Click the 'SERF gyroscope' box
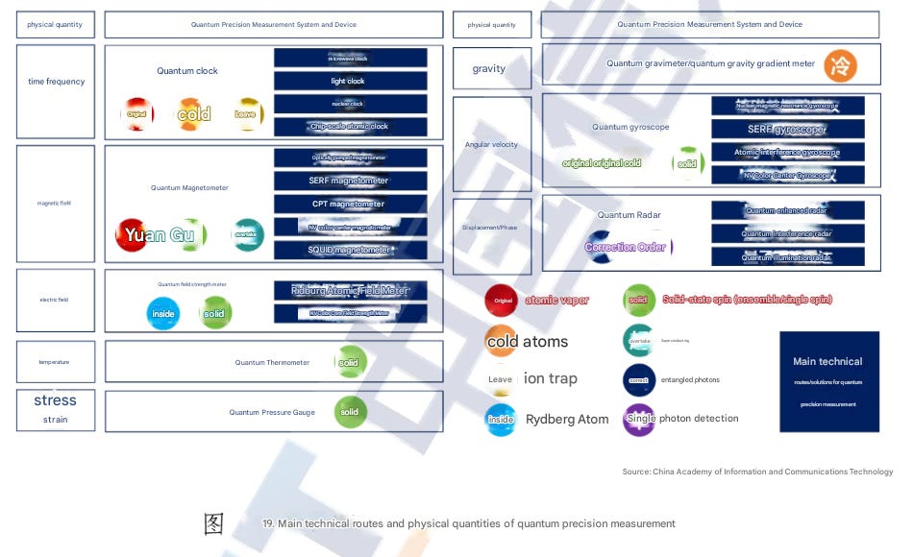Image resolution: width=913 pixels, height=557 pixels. [x=787, y=129]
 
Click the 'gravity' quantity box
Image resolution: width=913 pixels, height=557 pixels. [x=491, y=68]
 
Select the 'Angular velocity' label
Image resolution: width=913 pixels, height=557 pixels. [x=491, y=145]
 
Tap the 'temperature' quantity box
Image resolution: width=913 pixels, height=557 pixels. [x=56, y=362]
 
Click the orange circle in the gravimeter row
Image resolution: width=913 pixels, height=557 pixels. [x=840, y=66]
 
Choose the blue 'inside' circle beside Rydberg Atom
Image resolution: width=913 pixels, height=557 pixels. [x=501, y=420]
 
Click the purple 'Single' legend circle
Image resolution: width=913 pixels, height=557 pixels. [x=639, y=419]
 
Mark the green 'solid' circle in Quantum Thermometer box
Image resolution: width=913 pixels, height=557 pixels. [x=350, y=362]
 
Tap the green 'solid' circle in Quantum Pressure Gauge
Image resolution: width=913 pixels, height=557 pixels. [x=350, y=412]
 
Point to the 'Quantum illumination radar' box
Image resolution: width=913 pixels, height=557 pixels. [x=787, y=256]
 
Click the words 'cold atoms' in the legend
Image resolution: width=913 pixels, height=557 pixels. [x=528, y=342]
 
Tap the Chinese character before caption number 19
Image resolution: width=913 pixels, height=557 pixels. [x=213, y=523]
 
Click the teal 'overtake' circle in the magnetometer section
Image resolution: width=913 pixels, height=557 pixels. [x=248, y=234]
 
